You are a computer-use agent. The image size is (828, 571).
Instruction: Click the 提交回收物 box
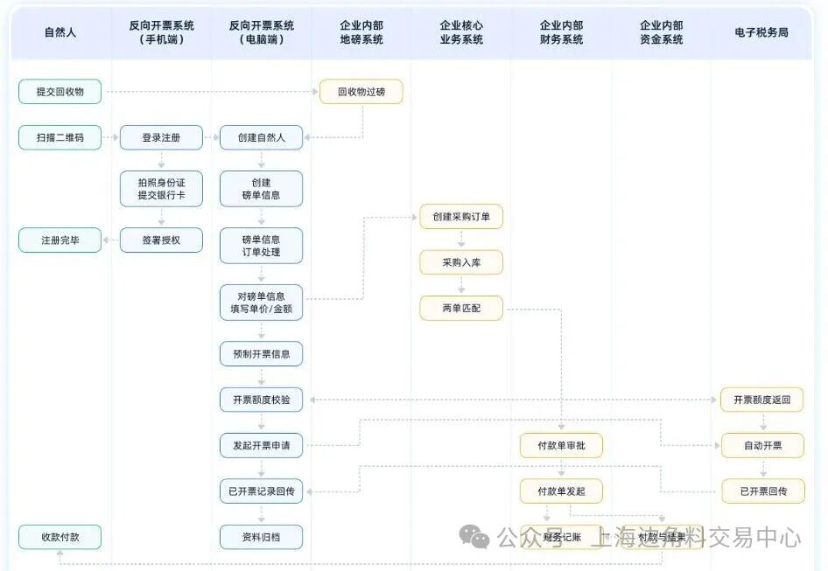click(x=60, y=91)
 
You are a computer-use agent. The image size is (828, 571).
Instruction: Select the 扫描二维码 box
click(x=60, y=137)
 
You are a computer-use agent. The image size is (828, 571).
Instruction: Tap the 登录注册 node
click(x=161, y=137)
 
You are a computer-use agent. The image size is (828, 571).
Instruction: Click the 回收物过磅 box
click(x=361, y=91)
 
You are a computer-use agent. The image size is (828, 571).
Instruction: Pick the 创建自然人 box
click(x=261, y=137)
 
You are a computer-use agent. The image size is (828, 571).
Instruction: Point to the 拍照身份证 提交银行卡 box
click(x=161, y=188)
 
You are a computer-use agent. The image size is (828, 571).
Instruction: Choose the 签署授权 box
click(x=161, y=239)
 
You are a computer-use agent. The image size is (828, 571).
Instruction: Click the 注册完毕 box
click(x=60, y=239)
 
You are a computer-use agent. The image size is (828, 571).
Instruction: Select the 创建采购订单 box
click(x=461, y=216)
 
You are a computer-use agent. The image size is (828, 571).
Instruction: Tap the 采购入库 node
click(x=461, y=261)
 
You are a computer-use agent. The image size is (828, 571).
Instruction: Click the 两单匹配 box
click(x=461, y=308)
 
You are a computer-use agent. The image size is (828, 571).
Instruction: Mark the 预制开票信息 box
click(x=261, y=353)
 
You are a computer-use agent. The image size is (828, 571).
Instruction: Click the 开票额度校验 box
click(x=261, y=400)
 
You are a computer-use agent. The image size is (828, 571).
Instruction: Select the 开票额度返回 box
click(x=761, y=400)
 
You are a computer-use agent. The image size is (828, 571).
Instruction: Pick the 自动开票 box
click(x=761, y=445)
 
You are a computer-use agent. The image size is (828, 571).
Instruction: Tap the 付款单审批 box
click(x=561, y=445)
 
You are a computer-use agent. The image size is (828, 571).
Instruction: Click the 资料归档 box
click(x=261, y=537)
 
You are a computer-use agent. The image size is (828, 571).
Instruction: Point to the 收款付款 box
click(x=60, y=537)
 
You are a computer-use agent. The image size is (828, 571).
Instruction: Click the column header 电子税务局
click(x=761, y=32)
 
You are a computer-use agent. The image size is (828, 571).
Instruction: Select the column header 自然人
click(x=60, y=32)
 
